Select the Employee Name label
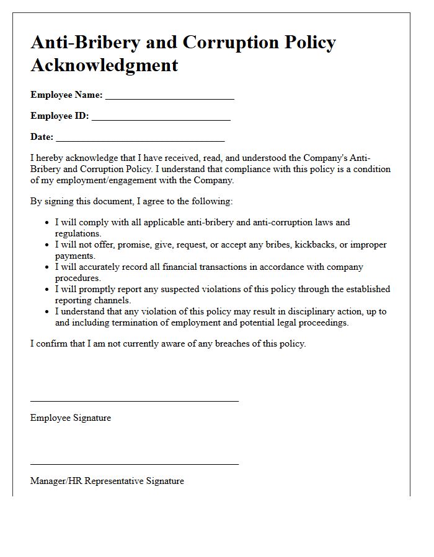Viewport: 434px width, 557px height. coord(66,95)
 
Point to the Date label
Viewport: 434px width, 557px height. coord(42,137)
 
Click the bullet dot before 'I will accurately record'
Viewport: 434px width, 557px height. coord(48,267)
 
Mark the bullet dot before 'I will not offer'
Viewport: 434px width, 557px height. coord(48,245)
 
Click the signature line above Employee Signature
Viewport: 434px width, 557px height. coord(134,401)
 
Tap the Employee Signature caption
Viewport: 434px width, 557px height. coord(71,418)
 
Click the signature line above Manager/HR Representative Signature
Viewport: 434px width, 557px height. coord(134,464)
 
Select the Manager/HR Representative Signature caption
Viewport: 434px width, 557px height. coord(107,481)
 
